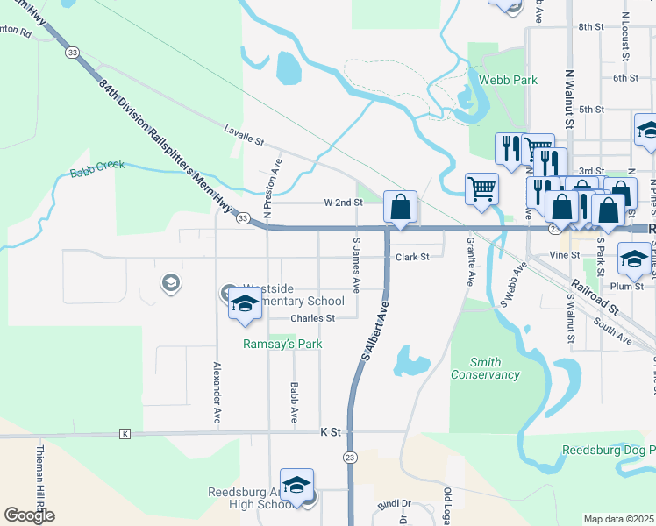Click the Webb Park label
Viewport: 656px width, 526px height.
(513, 80)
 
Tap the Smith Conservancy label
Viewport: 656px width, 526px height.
(485, 368)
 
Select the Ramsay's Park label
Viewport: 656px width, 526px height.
(282, 344)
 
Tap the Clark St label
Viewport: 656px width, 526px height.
(411, 257)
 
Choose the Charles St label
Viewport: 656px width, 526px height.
(312, 318)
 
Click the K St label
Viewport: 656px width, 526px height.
(331, 432)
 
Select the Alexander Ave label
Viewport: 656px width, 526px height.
(216, 393)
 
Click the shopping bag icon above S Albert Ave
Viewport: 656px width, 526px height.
(400, 209)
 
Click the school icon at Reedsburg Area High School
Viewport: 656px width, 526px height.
(296, 485)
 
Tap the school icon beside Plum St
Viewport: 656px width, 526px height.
(634, 257)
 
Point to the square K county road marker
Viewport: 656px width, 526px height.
(125, 434)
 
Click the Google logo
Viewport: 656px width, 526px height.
(29, 515)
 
